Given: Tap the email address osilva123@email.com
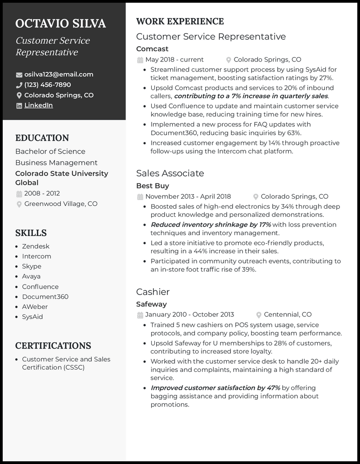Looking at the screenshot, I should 58,74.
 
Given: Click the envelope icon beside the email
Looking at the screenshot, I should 19,75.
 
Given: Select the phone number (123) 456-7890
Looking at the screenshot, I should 47,85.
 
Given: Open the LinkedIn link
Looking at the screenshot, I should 38,105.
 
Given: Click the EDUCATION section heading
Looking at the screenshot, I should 42,138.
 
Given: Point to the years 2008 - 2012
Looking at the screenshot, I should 42,193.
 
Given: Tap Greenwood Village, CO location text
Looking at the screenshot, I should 61,204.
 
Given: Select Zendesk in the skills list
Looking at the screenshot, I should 36,246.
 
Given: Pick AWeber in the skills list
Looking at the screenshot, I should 35,307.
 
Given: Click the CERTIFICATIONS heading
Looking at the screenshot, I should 53,346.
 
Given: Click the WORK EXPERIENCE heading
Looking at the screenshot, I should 180,21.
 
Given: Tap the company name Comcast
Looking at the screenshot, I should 152,49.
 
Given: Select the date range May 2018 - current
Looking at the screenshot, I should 174,59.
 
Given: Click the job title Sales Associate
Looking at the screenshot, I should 170,173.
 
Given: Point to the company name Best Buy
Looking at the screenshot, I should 153,186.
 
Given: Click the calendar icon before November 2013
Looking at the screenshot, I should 140,196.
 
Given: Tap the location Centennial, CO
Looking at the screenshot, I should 288,315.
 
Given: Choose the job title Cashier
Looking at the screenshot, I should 153,292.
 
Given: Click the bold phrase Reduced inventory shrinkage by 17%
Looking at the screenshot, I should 211,224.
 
